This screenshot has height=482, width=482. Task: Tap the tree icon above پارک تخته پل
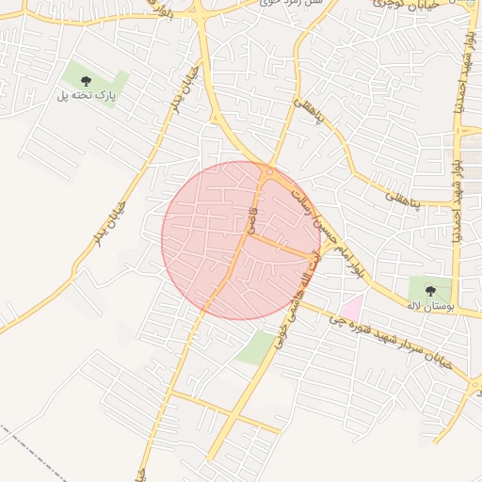(x=87, y=80)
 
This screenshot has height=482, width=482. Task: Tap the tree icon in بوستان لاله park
(x=430, y=291)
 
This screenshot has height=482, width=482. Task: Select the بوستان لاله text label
(x=431, y=307)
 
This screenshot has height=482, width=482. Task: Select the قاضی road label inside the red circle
(x=252, y=216)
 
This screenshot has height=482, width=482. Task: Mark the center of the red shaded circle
(x=241, y=240)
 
